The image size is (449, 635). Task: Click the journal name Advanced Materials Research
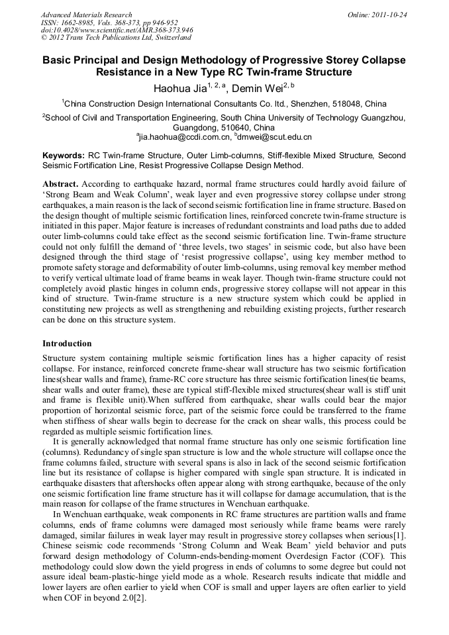86,15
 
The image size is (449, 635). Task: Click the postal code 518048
334,104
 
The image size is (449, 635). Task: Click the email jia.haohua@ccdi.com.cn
184,137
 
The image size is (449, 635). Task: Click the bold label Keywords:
64,156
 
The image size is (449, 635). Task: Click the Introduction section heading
67,344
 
